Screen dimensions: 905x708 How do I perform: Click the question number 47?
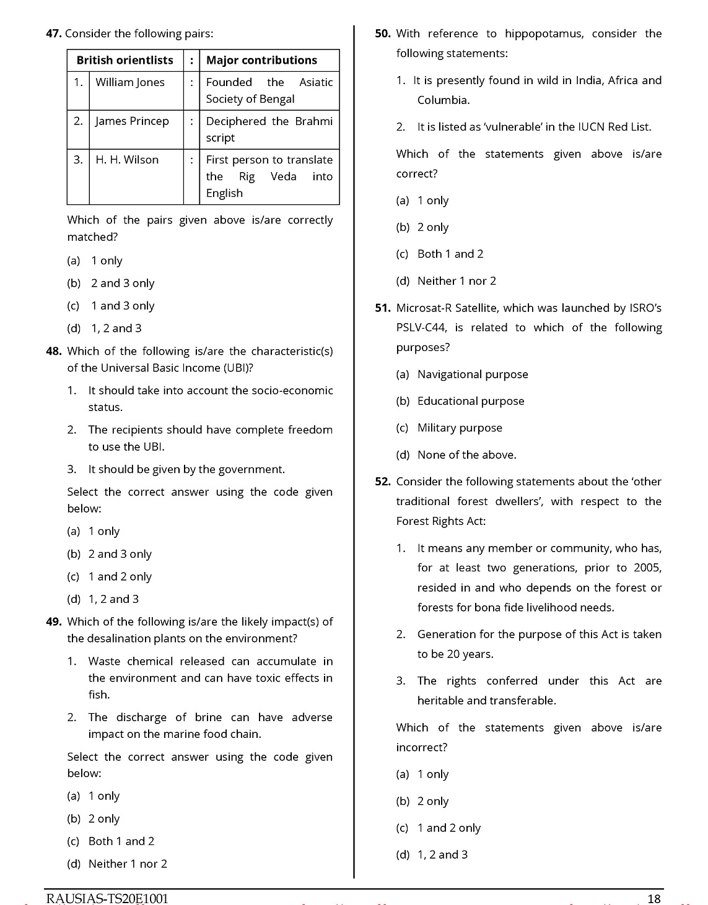[x=54, y=33]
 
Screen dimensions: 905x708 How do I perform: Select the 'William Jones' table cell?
[x=130, y=82]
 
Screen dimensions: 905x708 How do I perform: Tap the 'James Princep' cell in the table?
[x=132, y=121]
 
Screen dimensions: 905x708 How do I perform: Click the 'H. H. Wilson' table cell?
[x=127, y=160]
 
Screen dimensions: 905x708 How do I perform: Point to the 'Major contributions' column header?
[x=261, y=60]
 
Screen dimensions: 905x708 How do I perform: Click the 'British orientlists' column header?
[x=125, y=60]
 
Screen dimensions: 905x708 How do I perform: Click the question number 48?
[x=54, y=351]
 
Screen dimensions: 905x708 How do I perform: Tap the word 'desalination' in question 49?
[x=129, y=638]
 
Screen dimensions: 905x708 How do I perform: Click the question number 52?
[x=383, y=482]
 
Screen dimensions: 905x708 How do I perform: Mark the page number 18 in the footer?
[x=653, y=899]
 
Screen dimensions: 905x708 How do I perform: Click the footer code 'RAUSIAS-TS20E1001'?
[x=107, y=899]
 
